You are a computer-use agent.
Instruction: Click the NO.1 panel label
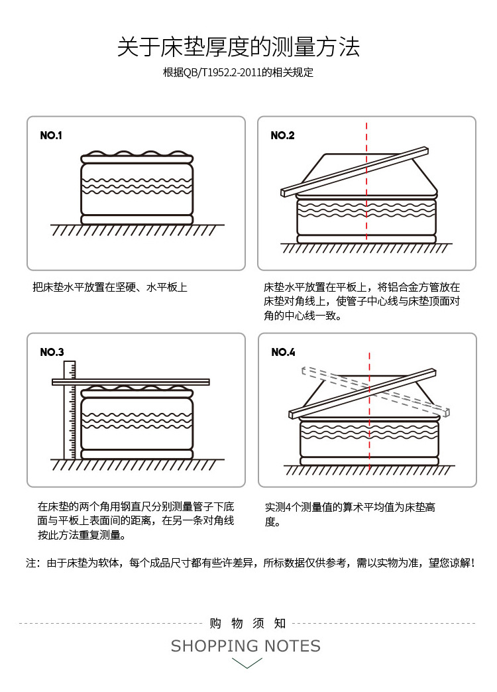click(x=51, y=135)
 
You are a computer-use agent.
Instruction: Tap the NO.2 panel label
click(x=282, y=135)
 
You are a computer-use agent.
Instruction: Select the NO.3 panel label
click(x=52, y=352)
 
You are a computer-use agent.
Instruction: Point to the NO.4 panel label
click(x=283, y=352)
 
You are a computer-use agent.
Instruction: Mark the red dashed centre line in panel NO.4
click(x=369, y=444)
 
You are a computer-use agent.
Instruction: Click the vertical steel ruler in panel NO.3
click(x=70, y=411)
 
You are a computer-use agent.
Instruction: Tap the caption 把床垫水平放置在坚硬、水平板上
click(x=110, y=288)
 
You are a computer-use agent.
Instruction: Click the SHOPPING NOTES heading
click(x=246, y=646)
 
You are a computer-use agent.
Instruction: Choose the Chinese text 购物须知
click(x=247, y=623)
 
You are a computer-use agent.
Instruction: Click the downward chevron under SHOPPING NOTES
click(x=246, y=663)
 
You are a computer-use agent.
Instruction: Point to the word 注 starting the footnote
click(x=30, y=563)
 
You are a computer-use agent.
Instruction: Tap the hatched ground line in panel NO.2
click(x=366, y=249)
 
